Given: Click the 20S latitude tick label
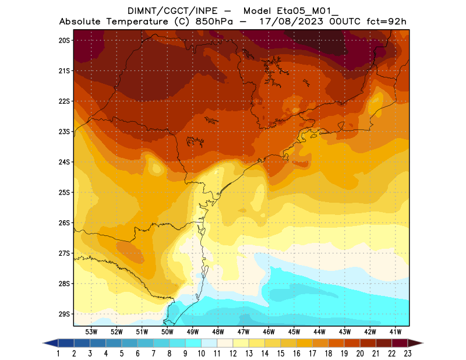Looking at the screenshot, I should point(64,40).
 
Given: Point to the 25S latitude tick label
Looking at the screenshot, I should point(64,192).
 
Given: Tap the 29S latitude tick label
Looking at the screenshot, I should point(64,314).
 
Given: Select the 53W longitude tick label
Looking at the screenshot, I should point(91,331).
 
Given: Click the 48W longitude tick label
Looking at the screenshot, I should point(218,331).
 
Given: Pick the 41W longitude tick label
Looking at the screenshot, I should point(396,331).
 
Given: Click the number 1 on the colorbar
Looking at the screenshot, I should point(59,353).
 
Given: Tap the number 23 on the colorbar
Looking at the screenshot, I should point(407,353).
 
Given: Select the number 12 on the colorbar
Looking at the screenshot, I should point(233,353).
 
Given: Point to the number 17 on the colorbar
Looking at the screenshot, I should point(312,353).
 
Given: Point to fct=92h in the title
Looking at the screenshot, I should point(386,22).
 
